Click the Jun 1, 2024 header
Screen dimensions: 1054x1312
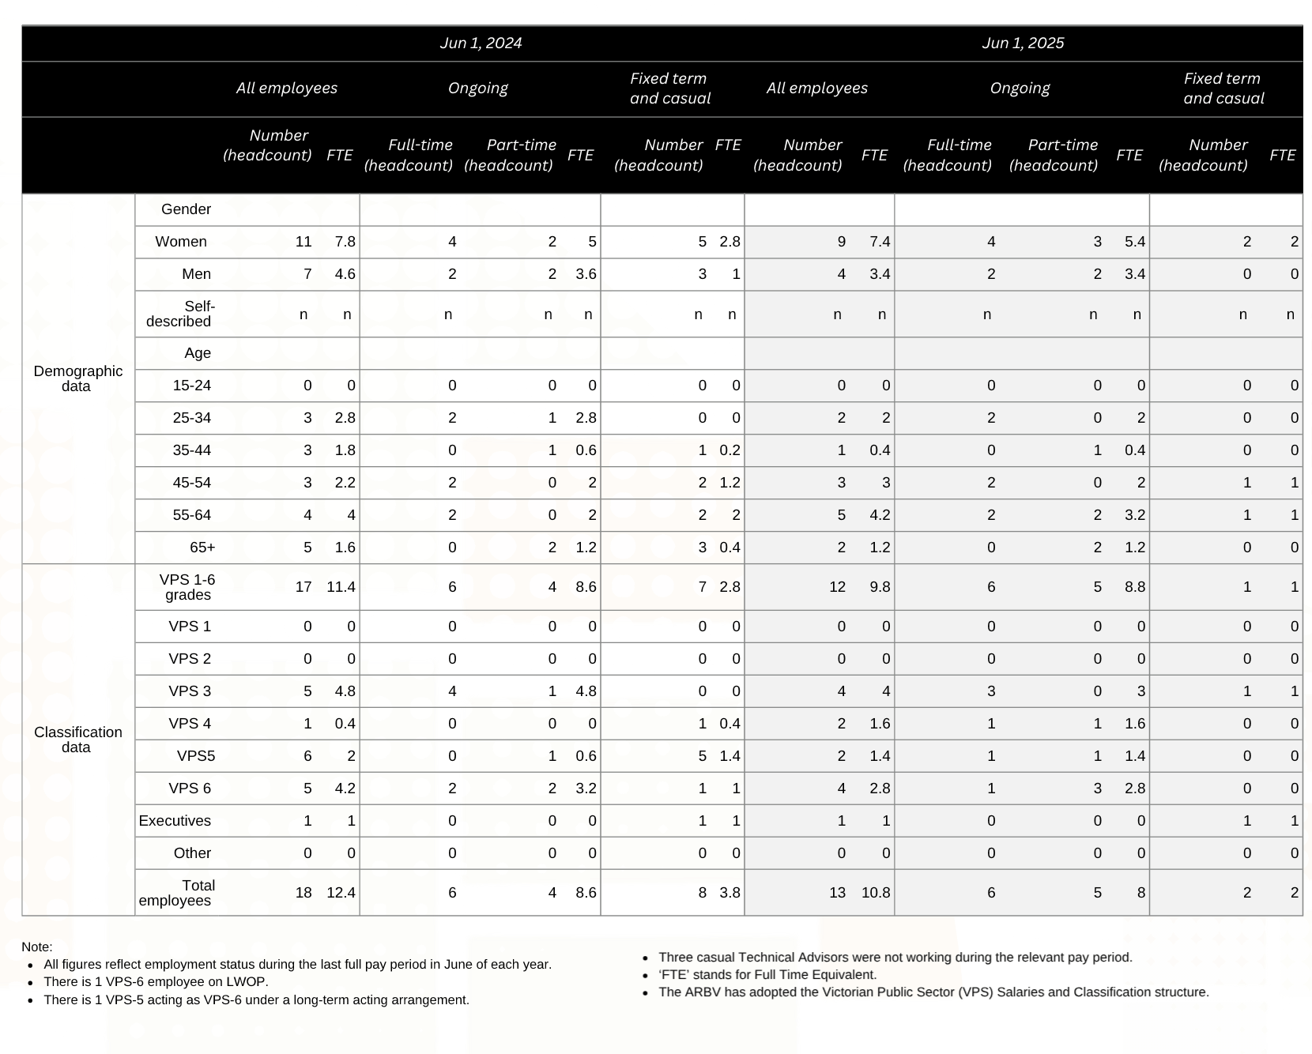[481, 43]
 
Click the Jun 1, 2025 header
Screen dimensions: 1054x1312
[1023, 43]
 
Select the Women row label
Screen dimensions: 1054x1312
[181, 242]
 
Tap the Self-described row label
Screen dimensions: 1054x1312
[180, 314]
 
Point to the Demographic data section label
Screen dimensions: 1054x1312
[77, 378]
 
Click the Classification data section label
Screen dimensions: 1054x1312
[77, 740]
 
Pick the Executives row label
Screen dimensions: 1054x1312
[175, 821]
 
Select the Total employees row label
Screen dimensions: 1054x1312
[178, 893]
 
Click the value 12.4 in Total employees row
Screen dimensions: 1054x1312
[341, 893]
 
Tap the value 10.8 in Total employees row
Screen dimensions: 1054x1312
[876, 893]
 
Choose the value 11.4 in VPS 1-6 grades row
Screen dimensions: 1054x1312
[341, 587]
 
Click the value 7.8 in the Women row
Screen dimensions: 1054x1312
[345, 242]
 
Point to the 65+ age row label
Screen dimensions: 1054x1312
[202, 548]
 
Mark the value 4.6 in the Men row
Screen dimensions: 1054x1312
[345, 274]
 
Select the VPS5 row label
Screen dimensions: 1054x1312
[195, 756]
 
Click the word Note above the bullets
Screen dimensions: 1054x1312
[36, 947]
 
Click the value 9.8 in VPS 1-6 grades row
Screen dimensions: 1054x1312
[880, 587]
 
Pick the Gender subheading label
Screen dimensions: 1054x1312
[186, 209]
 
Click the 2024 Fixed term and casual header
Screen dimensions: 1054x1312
[669, 88]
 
